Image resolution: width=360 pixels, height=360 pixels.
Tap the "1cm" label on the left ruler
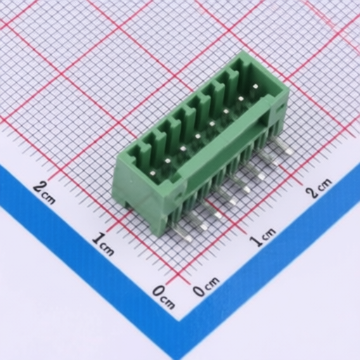[x=103, y=241]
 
